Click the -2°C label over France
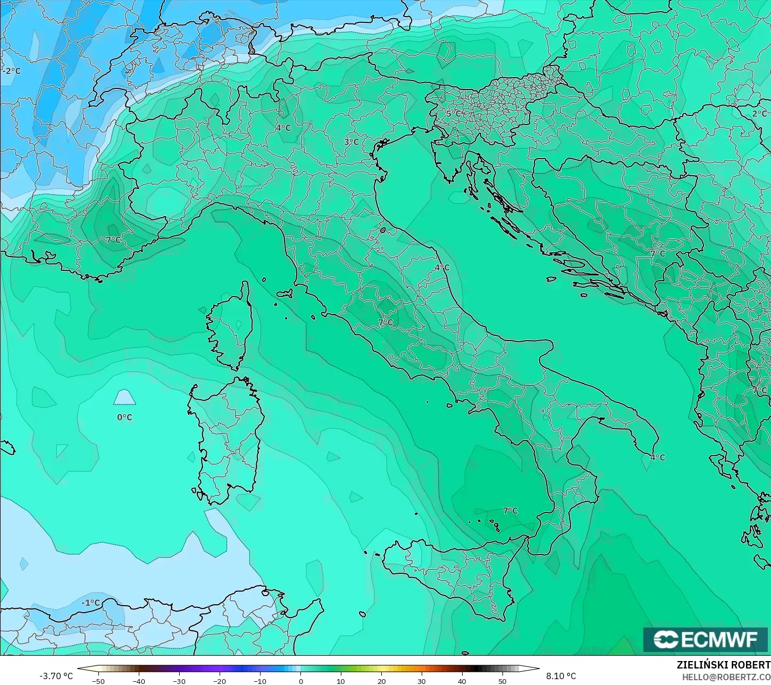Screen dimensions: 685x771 click(x=12, y=71)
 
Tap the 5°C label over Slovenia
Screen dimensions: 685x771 click(x=454, y=113)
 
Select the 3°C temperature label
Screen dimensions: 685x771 click(x=351, y=142)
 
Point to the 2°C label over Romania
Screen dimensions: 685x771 click(x=759, y=113)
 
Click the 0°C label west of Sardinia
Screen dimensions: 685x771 click(x=124, y=417)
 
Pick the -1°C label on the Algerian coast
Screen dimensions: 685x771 click(x=90, y=603)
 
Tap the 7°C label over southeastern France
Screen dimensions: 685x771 click(x=113, y=240)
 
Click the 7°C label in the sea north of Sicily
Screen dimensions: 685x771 click(x=510, y=510)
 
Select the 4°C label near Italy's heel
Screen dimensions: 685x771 click(x=657, y=457)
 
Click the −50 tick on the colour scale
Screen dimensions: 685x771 click(x=98, y=681)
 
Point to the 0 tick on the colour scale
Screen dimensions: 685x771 click(x=300, y=681)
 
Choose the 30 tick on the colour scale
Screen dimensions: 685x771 click(x=422, y=681)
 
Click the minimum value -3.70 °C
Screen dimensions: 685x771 click(x=56, y=676)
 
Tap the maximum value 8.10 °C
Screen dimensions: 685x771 click(x=560, y=676)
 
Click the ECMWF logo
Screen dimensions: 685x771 click(x=706, y=639)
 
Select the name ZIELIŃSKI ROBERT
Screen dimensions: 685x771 click(x=723, y=665)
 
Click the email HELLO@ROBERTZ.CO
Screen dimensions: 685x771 click(x=726, y=676)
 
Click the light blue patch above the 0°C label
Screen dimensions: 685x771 click(x=124, y=398)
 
